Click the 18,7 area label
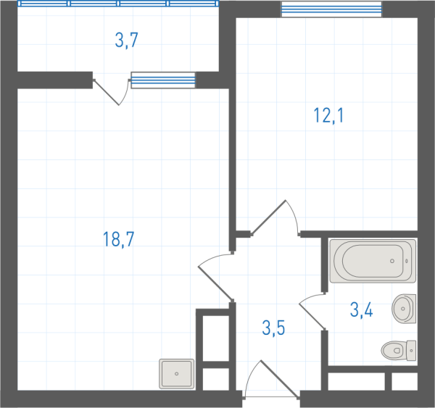(118, 239)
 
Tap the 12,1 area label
(328, 115)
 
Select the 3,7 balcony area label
(126, 40)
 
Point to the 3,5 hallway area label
(273, 328)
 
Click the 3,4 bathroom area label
(362, 309)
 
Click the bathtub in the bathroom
(373, 261)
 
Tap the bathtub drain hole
(392, 261)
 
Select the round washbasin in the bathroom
(404, 309)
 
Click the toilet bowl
(394, 351)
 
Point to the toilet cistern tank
(411, 351)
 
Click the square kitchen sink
(176, 374)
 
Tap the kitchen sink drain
(176, 374)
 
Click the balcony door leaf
(107, 93)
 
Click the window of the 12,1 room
(331, 9)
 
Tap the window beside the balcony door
(163, 80)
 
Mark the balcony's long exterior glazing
(118, 4)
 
